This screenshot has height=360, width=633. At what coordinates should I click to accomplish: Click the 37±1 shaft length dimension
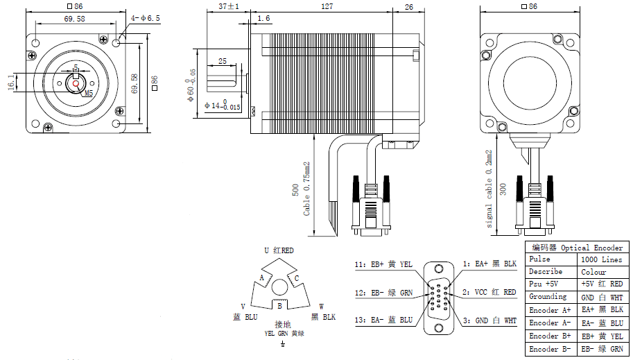[229, 7]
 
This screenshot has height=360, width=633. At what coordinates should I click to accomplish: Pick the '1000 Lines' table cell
[602, 259]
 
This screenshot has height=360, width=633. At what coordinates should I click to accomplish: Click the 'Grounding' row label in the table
[548, 297]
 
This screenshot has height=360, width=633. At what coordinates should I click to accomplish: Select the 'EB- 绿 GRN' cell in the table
[602, 349]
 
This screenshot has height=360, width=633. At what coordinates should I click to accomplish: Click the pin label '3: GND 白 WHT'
[489, 320]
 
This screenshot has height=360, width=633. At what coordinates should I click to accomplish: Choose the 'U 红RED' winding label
[279, 250]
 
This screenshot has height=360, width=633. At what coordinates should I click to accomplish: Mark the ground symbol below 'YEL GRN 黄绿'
[282, 343]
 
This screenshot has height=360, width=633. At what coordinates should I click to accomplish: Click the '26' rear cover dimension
[408, 7]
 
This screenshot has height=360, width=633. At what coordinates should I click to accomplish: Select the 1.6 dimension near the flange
[263, 19]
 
